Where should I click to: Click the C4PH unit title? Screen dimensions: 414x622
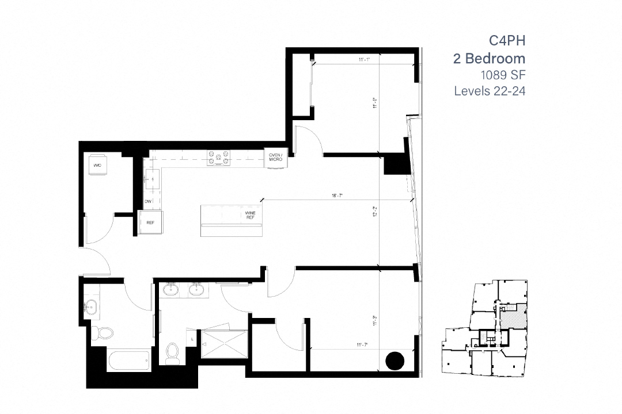[x=507, y=40]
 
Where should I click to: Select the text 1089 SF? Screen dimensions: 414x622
[x=503, y=75]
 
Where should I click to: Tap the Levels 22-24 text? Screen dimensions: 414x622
[x=490, y=91]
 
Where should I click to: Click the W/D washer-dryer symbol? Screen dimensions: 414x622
[x=97, y=165]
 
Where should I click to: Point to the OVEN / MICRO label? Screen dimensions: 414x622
[x=275, y=156]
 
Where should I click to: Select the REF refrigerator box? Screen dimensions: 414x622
[x=150, y=223]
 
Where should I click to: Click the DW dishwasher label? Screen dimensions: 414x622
[x=148, y=201]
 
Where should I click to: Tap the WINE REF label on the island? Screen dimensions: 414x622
[x=250, y=215]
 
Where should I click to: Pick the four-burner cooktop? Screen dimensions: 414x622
[x=219, y=158]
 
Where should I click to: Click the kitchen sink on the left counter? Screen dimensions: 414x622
[x=154, y=179]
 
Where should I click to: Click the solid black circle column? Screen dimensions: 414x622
[x=395, y=361]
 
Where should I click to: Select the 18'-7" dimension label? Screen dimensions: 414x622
[x=337, y=196]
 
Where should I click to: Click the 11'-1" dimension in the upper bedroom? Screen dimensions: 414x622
[x=363, y=59]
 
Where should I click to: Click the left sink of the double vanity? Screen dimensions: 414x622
[x=171, y=290]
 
